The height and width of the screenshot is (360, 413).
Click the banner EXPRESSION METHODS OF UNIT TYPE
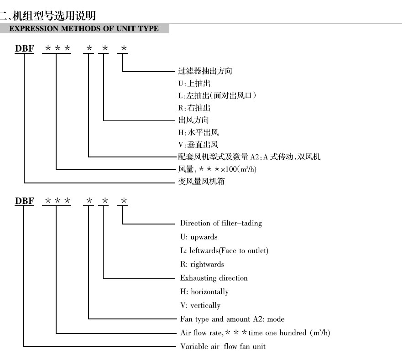pyautogui.click(x=84, y=29)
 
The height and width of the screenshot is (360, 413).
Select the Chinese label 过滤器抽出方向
pyautogui.click(x=199, y=71)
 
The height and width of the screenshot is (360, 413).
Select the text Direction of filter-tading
pyautogui.click(x=221, y=224)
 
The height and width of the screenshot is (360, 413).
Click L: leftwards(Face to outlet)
pyautogui.click(x=224, y=251)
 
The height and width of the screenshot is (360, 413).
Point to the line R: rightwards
pyautogui.click(x=202, y=265)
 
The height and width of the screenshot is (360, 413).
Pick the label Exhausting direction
pyautogui.click(x=214, y=278)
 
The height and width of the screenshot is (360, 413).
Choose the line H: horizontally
pyautogui.click(x=204, y=292)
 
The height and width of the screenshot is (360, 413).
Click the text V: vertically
pyautogui.click(x=200, y=305)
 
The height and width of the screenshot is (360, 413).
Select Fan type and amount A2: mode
pyautogui.click(x=232, y=319)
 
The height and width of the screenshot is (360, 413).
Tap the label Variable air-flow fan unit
pyautogui.click(x=223, y=346)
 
